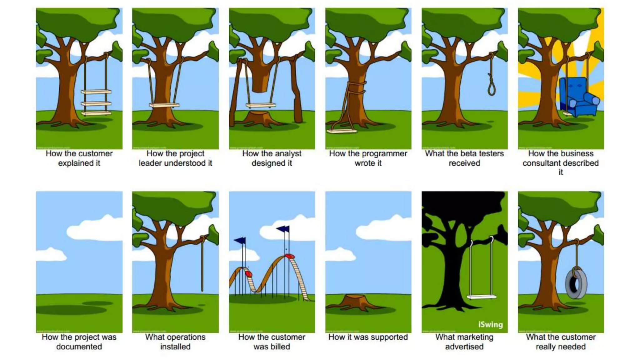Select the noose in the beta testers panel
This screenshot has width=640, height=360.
492,84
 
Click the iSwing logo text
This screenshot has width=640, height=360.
490,324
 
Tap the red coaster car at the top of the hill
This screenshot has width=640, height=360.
290,256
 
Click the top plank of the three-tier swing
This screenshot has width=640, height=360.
96,92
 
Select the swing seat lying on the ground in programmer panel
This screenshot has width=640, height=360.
342,131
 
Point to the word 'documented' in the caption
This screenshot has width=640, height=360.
79,347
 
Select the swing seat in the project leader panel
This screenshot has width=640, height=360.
164,105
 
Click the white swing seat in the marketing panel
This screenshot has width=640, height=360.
481,297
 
